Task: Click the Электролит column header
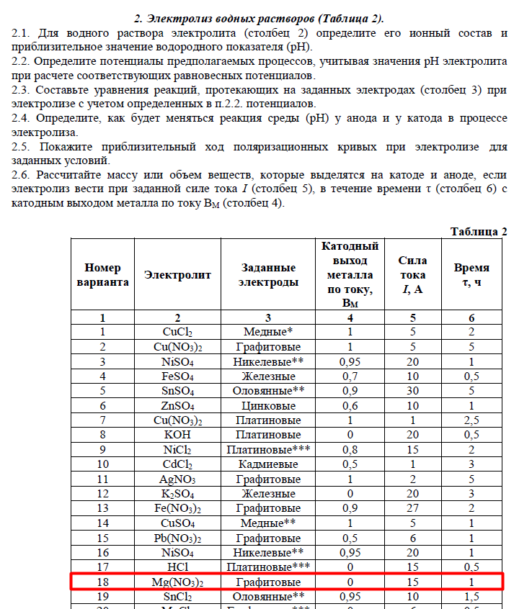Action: (x=178, y=274)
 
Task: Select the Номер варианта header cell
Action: (x=102, y=274)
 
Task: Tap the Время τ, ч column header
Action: (x=471, y=274)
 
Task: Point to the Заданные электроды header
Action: (x=269, y=274)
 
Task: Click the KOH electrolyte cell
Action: (x=178, y=435)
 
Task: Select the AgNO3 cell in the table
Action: (x=178, y=479)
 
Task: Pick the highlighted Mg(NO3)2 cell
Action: (x=178, y=582)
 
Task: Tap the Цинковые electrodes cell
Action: (x=269, y=405)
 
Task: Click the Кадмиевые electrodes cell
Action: (x=269, y=464)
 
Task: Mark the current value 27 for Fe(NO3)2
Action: (x=412, y=508)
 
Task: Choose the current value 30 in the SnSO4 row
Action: (x=412, y=391)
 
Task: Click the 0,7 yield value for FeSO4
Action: (x=350, y=376)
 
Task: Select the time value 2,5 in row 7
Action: (x=471, y=420)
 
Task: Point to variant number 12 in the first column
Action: (x=102, y=494)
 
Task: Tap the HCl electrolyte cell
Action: (x=178, y=567)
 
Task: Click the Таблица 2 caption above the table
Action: (x=479, y=231)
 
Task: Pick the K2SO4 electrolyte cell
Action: (x=178, y=494)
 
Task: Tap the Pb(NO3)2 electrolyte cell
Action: (x=178, y=538)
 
